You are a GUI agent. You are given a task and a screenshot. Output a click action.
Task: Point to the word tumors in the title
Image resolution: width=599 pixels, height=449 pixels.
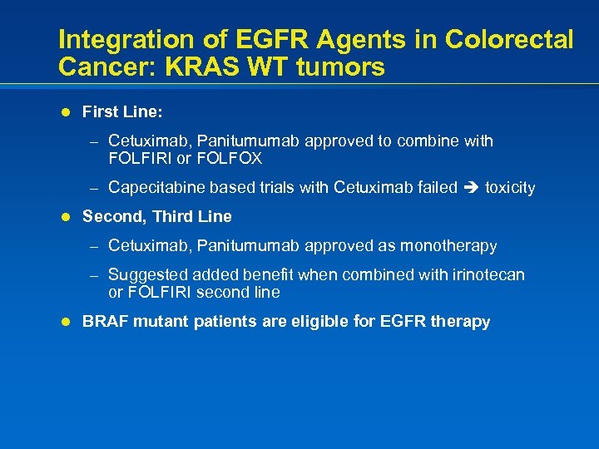[x=342, y=67]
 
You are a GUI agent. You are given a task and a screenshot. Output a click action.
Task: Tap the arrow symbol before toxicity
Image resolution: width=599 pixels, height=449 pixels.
[x=471, y=188]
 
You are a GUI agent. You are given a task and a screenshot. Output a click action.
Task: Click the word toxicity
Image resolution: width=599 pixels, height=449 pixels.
[x=510, y=187]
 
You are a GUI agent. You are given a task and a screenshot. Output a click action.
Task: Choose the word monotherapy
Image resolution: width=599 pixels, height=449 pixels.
[x=448, y=246]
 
